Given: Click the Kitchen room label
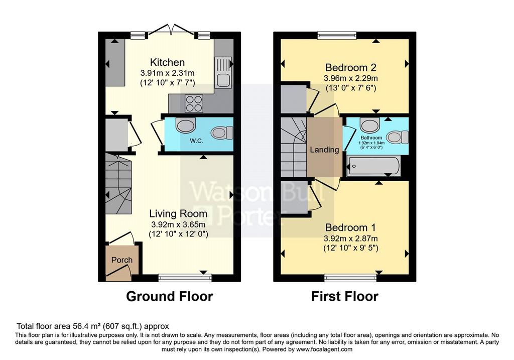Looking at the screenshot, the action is (x=167, y=62).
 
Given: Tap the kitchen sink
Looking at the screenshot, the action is (x=223, y=73).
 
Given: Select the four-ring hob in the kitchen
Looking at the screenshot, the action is (x=193, y=103).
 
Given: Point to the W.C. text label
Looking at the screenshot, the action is (x=196, y=141).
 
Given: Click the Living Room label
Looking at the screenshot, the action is (x=178, y=214).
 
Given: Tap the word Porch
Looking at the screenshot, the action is (x=122, y=260).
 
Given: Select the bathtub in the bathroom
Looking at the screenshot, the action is (x=373, y=166).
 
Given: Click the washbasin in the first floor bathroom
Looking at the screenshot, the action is (x=369, y=125).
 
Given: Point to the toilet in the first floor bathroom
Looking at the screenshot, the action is (x=398, y=137).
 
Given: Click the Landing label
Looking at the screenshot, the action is (x=325, y=150).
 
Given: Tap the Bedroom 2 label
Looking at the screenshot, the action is (x=351, y=68).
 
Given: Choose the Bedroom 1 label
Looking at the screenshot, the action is (x=350, y=227).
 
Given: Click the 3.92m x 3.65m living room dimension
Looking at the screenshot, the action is (x=178, y=225).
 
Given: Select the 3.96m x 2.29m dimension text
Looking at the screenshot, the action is (x=351, y=78).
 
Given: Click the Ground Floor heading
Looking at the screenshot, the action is (x=170, y=296).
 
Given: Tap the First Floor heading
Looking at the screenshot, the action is (x=344, y=296).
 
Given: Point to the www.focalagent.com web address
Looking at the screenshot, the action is (x=324, y=349).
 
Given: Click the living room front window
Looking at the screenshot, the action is (x=185, y=278).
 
